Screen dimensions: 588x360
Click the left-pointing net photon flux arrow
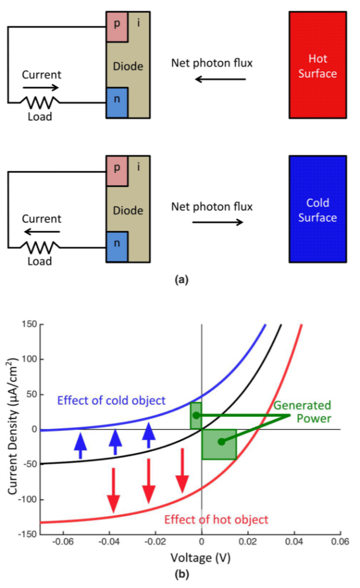point(220,78)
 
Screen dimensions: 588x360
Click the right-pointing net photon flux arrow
point(217,222)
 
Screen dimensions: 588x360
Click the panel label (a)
point(180,281)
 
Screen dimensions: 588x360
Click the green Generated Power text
point(302,411)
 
